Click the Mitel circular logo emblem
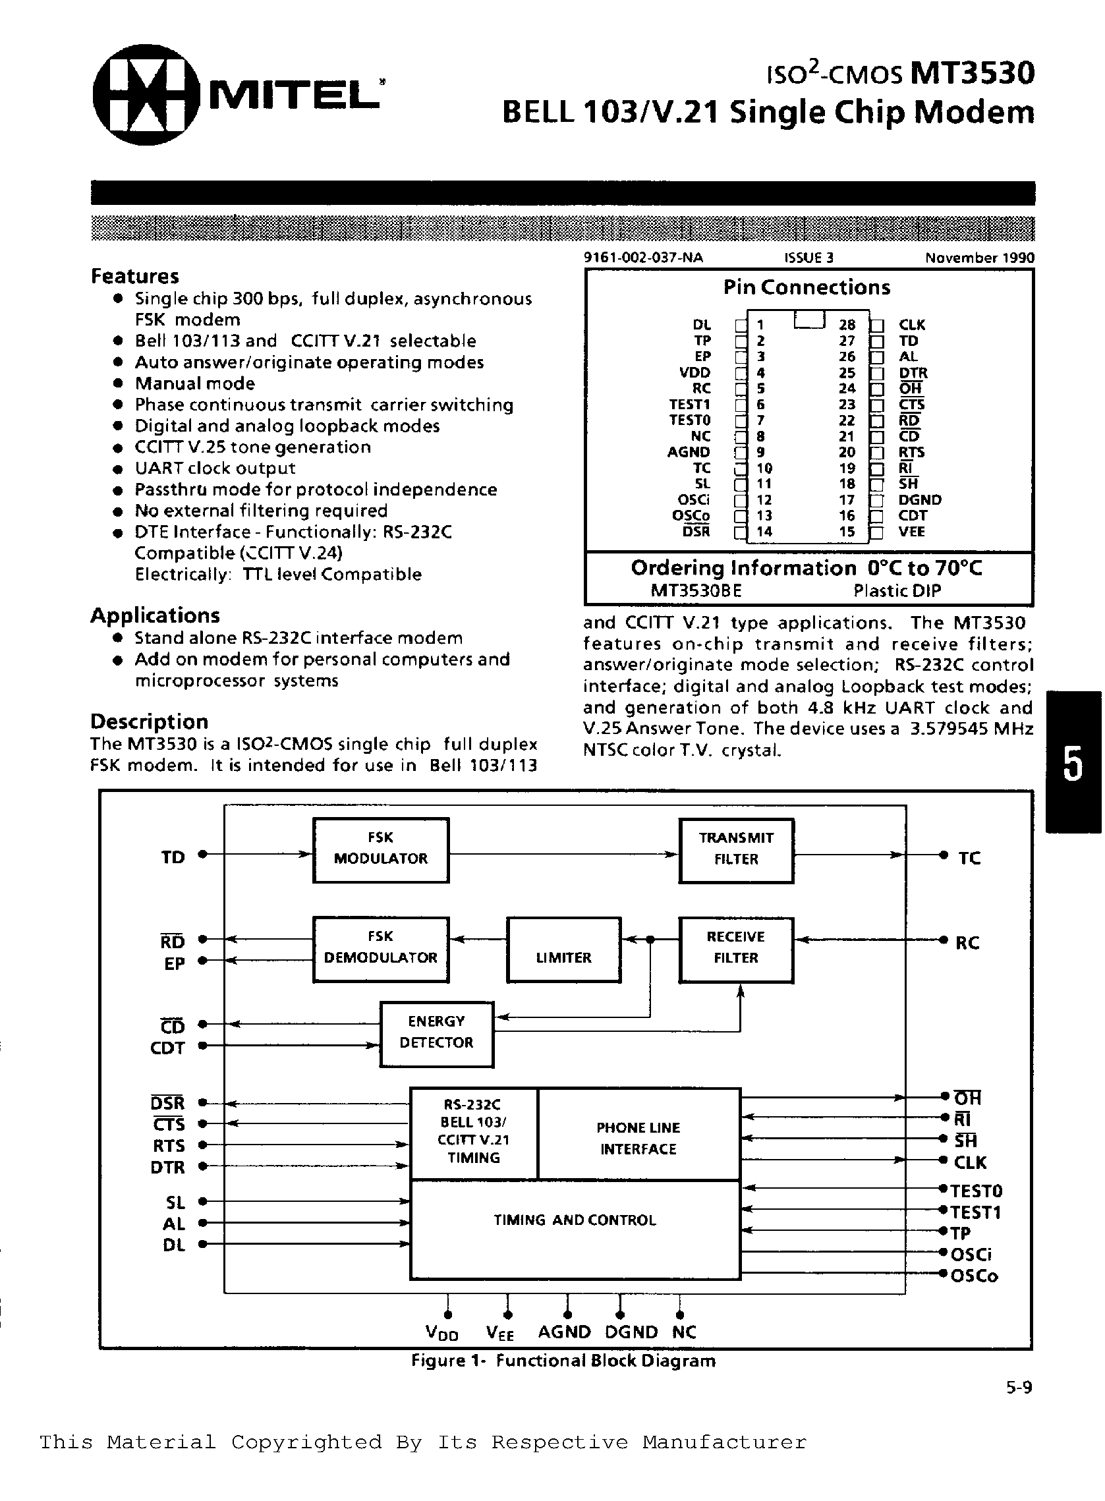tap(146, 95)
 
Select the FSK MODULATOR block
tap(381, 849)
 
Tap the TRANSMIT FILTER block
tap(736, 850)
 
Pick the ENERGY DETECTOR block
tap(436, 1033)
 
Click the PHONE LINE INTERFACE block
tap(638, 1139)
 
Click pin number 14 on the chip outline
tap(764, 532)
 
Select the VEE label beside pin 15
tap(911, 532)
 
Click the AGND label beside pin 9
tap(689, 452)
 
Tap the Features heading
tap(135, 276)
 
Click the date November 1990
tap(979, 258)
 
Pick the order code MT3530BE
tap(696, 590)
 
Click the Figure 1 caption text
tap(563, 1361)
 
